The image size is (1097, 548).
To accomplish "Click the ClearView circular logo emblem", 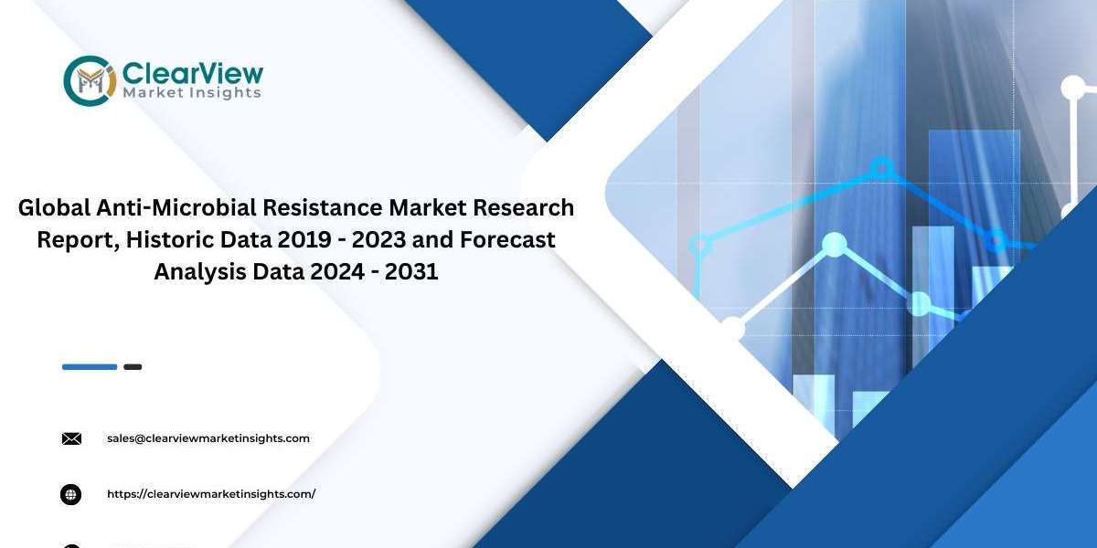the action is coord(91,80).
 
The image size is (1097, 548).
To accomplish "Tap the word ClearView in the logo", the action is coord(193,74).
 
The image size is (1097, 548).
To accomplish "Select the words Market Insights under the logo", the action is coord(191,93).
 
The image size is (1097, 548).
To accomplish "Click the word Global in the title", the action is coord(54,207).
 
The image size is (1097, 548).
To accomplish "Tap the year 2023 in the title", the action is coord(379,239).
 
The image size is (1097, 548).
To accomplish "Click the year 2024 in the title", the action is coord(337,271).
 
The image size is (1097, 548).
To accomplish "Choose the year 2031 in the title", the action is coord(411,271).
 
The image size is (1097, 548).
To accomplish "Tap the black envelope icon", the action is coord(71,439).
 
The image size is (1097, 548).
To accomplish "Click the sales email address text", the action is coord(208,438).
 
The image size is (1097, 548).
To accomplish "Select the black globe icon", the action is coord(71,495).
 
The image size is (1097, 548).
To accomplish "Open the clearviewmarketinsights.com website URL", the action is coord(211,494).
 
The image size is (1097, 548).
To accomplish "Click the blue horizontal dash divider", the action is coord(90,367).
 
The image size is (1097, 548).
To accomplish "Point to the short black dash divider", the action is coord(133,367).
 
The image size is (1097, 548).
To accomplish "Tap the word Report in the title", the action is coord(79,240).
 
